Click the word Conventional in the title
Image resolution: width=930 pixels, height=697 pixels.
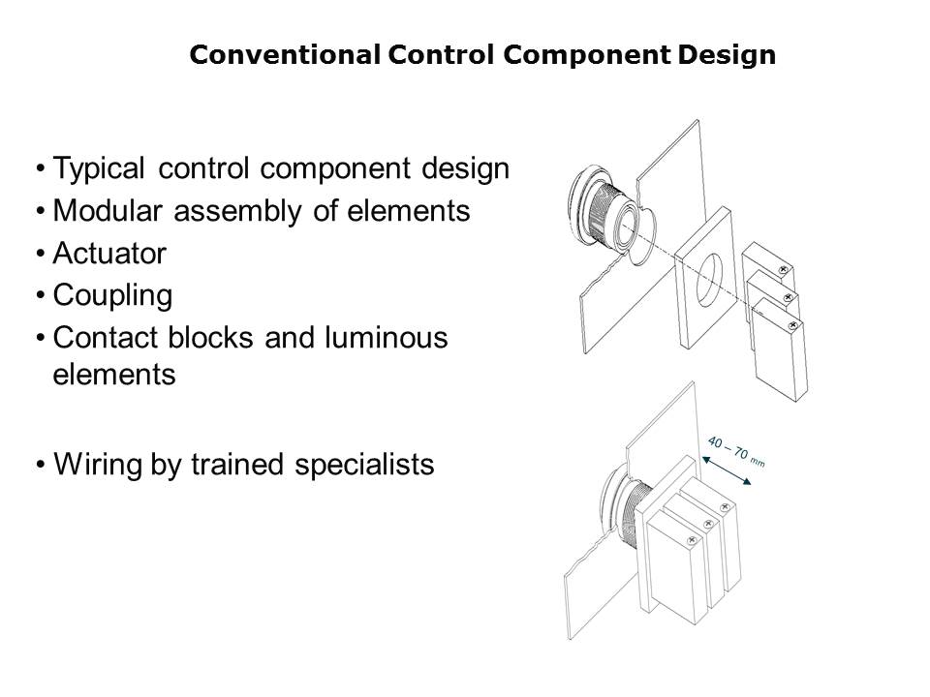(285, 54)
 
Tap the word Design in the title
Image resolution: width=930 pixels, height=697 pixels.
(727, 55)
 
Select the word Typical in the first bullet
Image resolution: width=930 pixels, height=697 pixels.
(99, 168)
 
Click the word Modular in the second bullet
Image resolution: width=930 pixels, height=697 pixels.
(108, 210)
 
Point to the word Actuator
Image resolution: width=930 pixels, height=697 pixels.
(109, 253)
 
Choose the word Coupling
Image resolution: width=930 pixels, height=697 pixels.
(112, 296)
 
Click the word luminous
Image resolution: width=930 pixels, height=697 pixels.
(386, 337)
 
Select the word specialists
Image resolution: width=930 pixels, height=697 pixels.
(364, 464)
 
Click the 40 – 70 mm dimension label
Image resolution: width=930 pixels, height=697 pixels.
(736, 452)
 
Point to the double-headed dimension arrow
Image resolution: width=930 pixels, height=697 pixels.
(727, 470)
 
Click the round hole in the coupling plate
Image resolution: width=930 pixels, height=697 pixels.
(709, 280)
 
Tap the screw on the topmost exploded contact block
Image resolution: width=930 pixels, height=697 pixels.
(783, 270)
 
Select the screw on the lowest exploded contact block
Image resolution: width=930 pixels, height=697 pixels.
(792, 325)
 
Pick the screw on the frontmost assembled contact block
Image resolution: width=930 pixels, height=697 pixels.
(691, 540)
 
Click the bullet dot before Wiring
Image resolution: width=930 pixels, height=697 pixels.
(41, 464)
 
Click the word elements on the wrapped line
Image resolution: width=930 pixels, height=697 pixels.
(114, 375)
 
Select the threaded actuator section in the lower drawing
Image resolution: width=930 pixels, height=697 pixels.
(636, 511)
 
